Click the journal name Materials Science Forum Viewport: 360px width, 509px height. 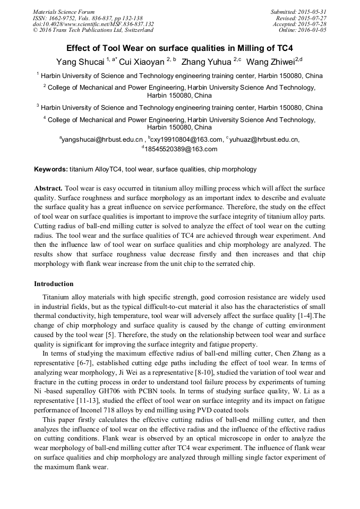(64, 12)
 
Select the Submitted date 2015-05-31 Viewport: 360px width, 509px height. (312, 12)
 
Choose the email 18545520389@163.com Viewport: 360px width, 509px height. (181, 149)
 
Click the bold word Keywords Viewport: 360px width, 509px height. (50, 169)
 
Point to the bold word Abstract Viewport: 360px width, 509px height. (48, 188)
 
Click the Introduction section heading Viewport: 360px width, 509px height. (54, 284)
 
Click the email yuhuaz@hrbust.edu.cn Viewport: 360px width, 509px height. (264, 140)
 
